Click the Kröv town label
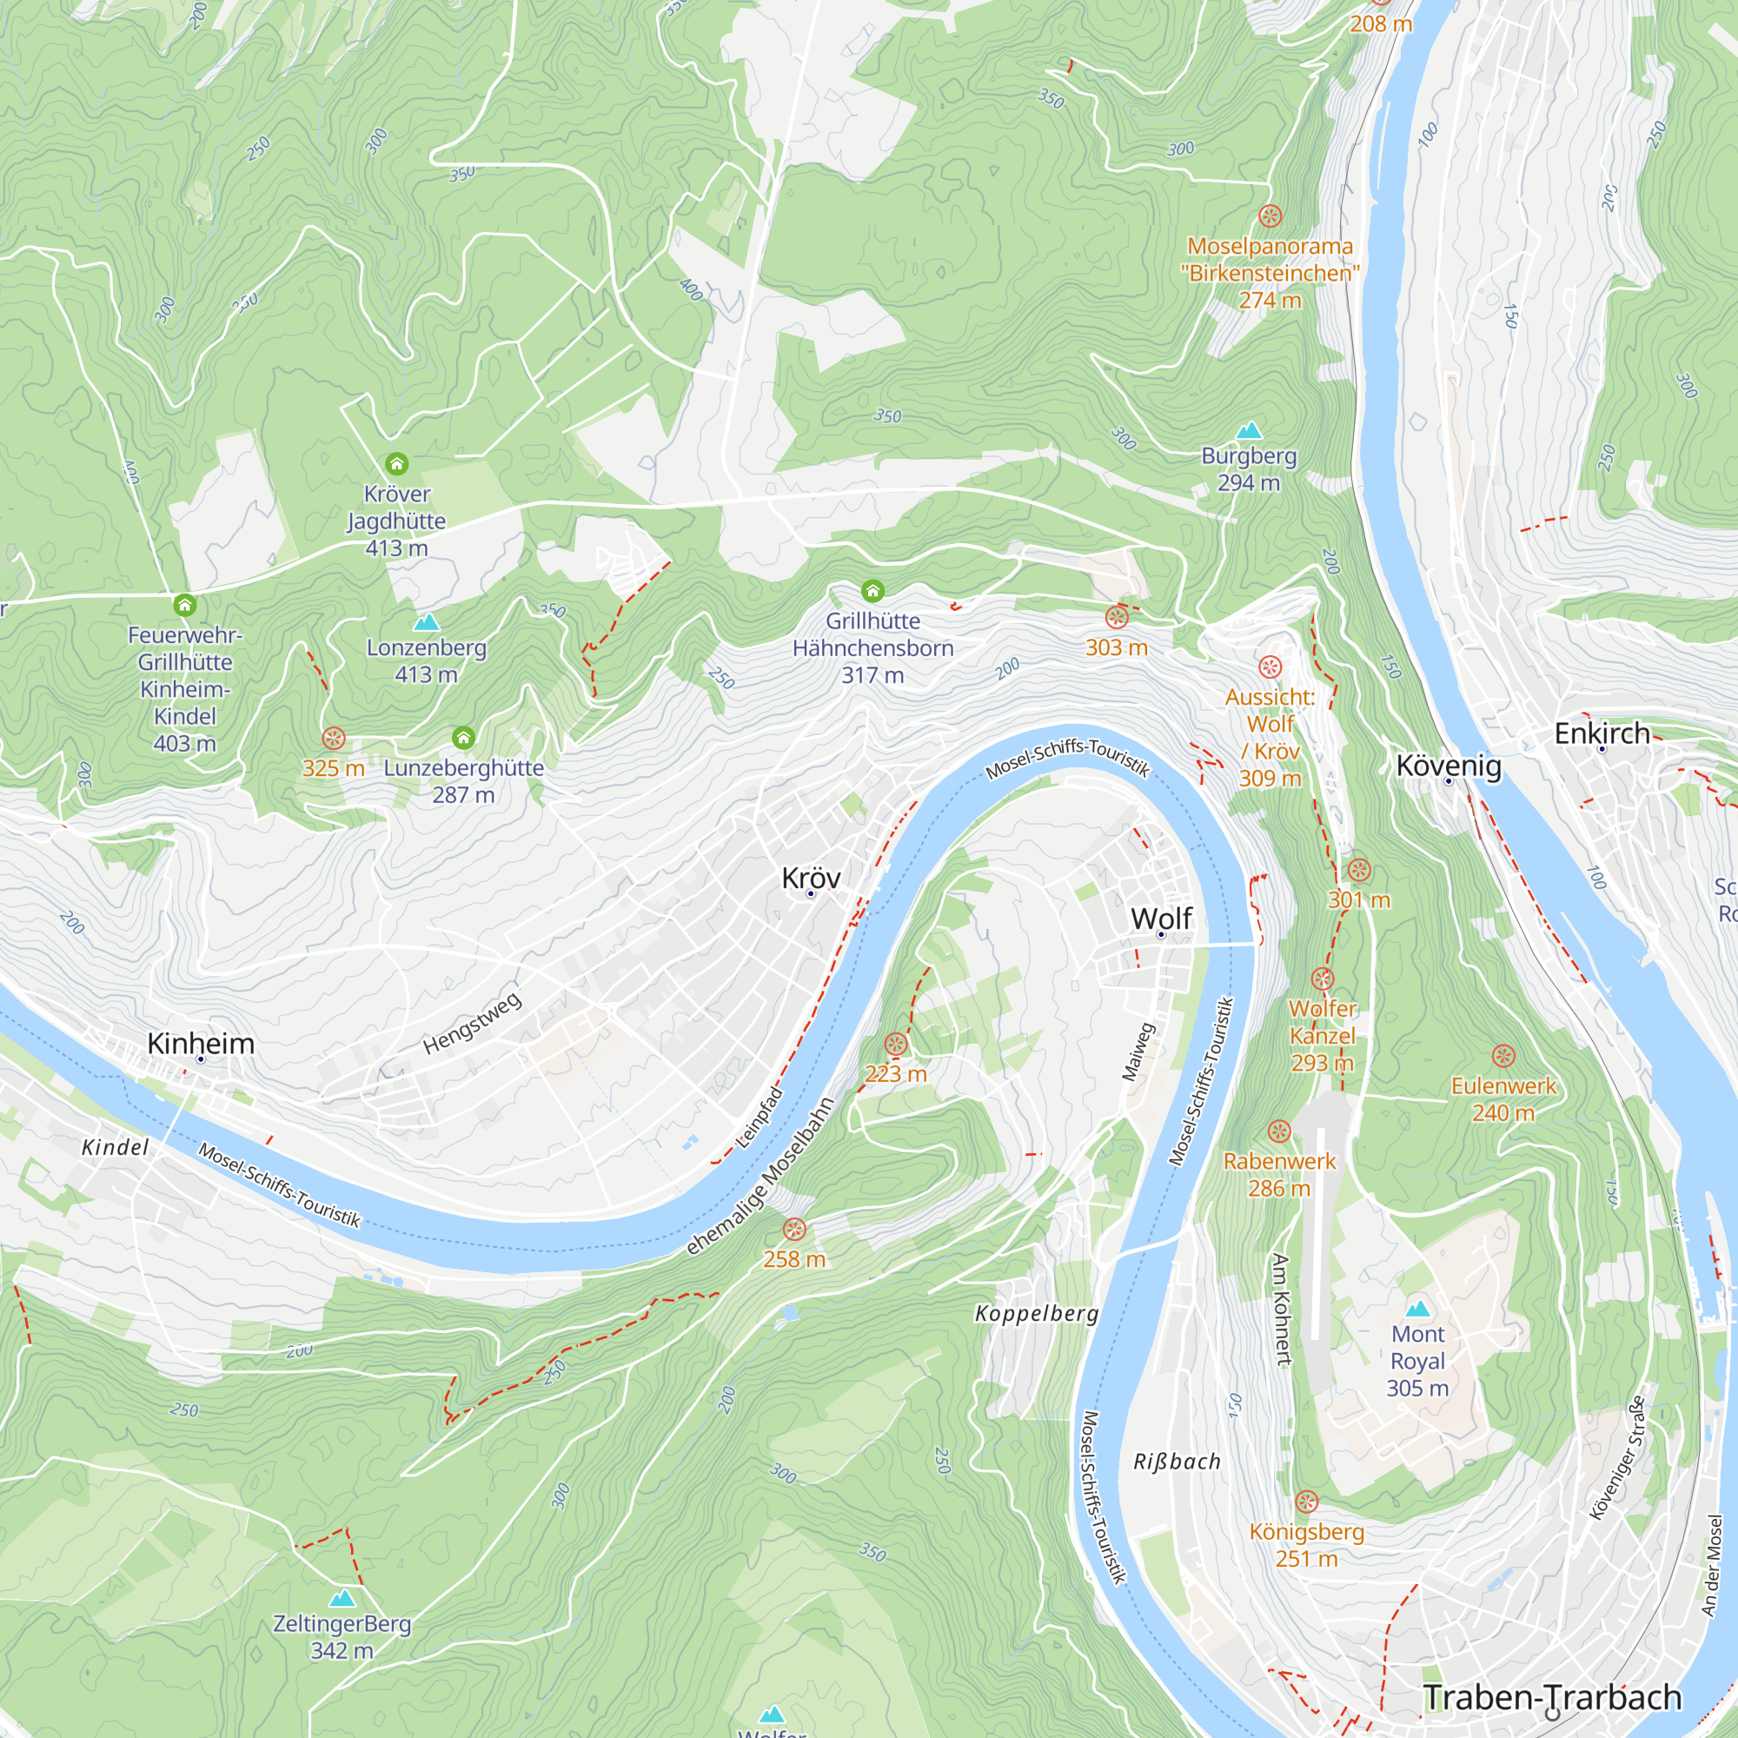[811, 877]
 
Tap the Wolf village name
[1160, 919]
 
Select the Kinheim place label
[201, 1044]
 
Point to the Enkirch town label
[1602, 733]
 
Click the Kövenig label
[1449, 766]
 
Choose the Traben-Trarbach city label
[1552, 1697]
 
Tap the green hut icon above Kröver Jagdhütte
[397, 464]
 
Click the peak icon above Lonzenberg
[426, 621]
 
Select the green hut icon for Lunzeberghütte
[463, 739]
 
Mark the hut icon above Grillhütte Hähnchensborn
[872, 591]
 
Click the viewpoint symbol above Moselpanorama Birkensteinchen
[1270, 216]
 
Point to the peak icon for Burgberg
[1249, 430]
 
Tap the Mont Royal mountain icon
[1416, 1308]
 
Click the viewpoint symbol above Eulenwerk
[1503, 1056]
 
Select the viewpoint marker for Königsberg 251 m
[1306, 1502]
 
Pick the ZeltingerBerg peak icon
[342, 1599]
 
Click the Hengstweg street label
[472, 1023]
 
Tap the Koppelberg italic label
[1037, 1313]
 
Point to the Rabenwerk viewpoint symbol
[1278, 1131]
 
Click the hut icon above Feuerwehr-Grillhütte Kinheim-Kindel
[184, 606]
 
